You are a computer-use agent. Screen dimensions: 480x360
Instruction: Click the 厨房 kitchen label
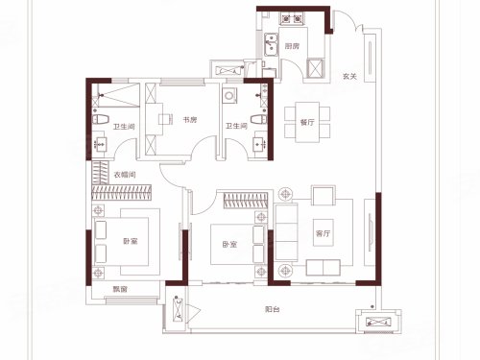point(292,46)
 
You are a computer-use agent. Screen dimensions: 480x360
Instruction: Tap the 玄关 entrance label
point(349,77)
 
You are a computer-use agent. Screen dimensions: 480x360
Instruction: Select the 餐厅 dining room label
point(307,122)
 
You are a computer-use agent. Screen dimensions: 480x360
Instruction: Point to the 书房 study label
point(190,120)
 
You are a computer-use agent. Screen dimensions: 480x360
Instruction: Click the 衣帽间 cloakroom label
point(125,175)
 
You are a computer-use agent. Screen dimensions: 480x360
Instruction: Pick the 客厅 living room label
point(323,233)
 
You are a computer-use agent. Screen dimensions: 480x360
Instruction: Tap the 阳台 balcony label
point(273,309)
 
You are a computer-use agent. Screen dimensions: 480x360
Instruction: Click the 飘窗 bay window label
point(120,289)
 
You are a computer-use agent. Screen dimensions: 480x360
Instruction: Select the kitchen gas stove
point(292,19)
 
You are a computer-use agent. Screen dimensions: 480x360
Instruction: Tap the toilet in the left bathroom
point(101,120)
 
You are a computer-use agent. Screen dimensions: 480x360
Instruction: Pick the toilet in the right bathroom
point(258,119)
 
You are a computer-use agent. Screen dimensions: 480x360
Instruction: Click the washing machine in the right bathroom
point(229,95)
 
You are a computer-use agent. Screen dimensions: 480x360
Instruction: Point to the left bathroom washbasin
point(100,145)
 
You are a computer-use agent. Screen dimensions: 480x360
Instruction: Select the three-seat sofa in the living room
point(286,232)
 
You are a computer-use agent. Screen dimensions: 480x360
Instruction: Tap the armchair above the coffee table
point(324,195)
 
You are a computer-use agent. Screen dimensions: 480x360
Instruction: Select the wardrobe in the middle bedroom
point(246,201)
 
